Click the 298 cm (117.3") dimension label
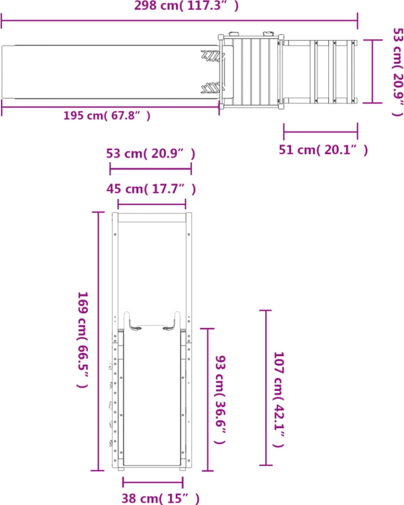click(x=186, y=6)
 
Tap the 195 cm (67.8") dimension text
click(x=107, y=116)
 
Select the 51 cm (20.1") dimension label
click(x=323, y=150)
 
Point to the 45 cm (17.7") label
click(x=151, y=189)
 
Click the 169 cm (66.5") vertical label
click(x=82, y=340)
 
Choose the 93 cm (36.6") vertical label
click(x=220, y=399)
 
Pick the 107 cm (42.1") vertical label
click(x=279, y=399)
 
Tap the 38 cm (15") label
click(x=161, y=498)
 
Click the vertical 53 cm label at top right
click(x=398, y=72)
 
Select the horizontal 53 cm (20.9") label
click(x=151, y=154)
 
